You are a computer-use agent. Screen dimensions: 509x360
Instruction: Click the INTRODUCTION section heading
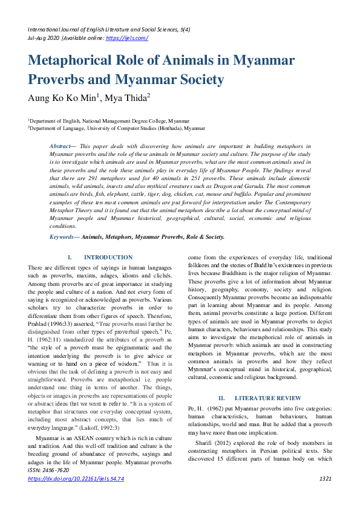[108, 258]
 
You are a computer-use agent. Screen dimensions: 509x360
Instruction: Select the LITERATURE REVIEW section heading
[260, 398]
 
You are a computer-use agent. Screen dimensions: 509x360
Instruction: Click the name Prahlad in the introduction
[41, 322]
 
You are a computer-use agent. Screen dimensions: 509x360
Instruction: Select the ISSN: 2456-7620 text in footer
[49, 487]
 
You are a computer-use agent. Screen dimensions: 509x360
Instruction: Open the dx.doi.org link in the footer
[76, 495]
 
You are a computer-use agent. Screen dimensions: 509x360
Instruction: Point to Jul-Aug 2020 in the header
[44, 37]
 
